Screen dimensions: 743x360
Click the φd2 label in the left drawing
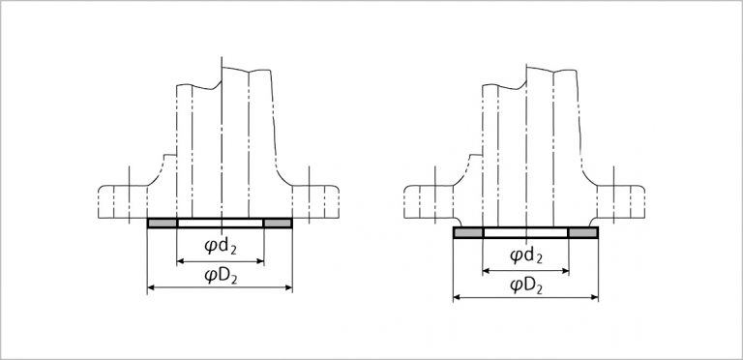tap(221, 248)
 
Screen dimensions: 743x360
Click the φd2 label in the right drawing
tap(526, 256)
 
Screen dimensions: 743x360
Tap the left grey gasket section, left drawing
tap(163, 224)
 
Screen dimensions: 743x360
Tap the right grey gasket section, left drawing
tap(278, 224)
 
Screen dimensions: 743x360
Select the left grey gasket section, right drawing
tap(468, 232)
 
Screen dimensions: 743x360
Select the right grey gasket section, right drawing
tap(582, 232)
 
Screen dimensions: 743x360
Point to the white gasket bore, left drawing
tap(220, 224)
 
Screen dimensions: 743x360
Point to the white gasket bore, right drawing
tap(525, 232)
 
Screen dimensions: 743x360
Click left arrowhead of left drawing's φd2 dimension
tap(180, 261)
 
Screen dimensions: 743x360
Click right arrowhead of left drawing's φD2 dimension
tap(288, 287)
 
